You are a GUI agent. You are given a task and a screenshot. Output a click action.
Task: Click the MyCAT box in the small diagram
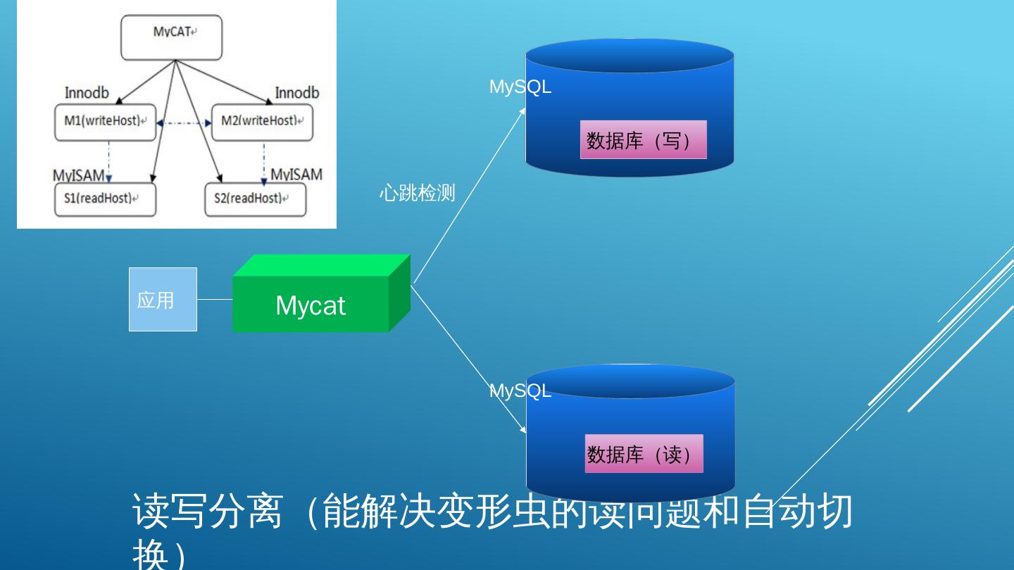point(171,37)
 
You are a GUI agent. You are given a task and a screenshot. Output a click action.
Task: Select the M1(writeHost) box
point(106,121)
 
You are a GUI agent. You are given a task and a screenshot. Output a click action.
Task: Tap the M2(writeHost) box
point(262,121)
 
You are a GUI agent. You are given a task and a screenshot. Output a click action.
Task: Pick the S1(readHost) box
point(106,198)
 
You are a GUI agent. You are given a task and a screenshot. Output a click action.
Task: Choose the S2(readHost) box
point(255,198)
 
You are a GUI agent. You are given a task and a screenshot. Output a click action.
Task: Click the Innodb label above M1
point(87,93)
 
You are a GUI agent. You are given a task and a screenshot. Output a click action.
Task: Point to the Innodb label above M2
point(296,93)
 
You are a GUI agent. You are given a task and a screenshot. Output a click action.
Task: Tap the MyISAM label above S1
point(78,175)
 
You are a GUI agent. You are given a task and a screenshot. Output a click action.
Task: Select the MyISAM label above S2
point(296,174)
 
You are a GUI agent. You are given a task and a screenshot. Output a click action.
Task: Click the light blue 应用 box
point(163,299)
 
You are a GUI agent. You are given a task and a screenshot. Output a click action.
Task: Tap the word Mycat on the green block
point(311,305)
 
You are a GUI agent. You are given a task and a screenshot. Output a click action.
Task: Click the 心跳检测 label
point(417,193)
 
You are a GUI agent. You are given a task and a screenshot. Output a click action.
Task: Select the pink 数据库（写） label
point(643,140)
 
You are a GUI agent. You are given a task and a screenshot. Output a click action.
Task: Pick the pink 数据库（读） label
point(644,454)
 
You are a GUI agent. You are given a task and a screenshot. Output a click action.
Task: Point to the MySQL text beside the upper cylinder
point(520,87)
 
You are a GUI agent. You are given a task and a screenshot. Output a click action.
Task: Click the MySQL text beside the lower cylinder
point(520,391)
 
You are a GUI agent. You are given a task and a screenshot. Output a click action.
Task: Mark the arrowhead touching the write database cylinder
point(522,110)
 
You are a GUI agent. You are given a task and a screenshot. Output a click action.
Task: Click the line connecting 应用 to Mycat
point(215,299)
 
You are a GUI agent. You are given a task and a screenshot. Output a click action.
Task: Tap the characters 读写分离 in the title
point(206,512)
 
